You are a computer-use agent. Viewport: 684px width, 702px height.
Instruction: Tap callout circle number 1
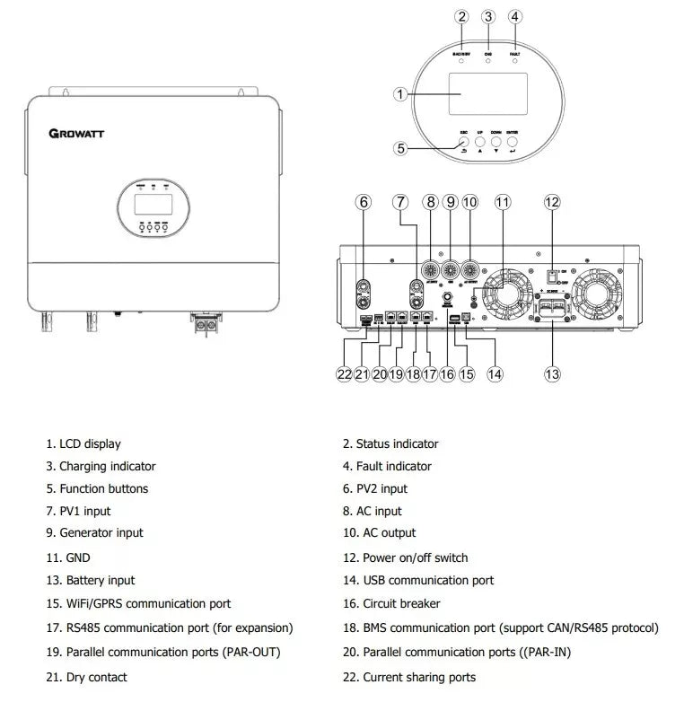click(401, 93)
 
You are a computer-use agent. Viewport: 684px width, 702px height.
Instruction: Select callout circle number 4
click(514, 16)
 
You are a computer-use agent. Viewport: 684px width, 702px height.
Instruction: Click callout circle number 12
click(552, 202)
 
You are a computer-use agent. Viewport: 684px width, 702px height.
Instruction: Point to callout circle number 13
click(552, 374)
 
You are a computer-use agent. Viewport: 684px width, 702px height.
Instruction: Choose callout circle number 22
click(344, 374)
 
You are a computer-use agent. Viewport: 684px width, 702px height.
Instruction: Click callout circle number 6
click(364, 202)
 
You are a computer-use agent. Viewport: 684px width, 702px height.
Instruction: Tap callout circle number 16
click(446, 374)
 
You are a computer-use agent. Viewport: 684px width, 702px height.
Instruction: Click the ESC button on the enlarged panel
click(464, 142)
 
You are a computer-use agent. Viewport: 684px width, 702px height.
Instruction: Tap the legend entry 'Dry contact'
click(96, 677)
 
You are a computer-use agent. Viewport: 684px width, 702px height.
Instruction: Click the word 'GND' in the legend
click(78, 557)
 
